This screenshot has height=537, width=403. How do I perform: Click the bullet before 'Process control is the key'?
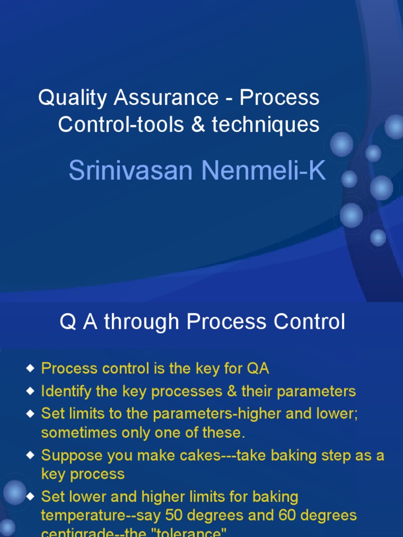[30, 369]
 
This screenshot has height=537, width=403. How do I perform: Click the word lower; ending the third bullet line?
[337, 414]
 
